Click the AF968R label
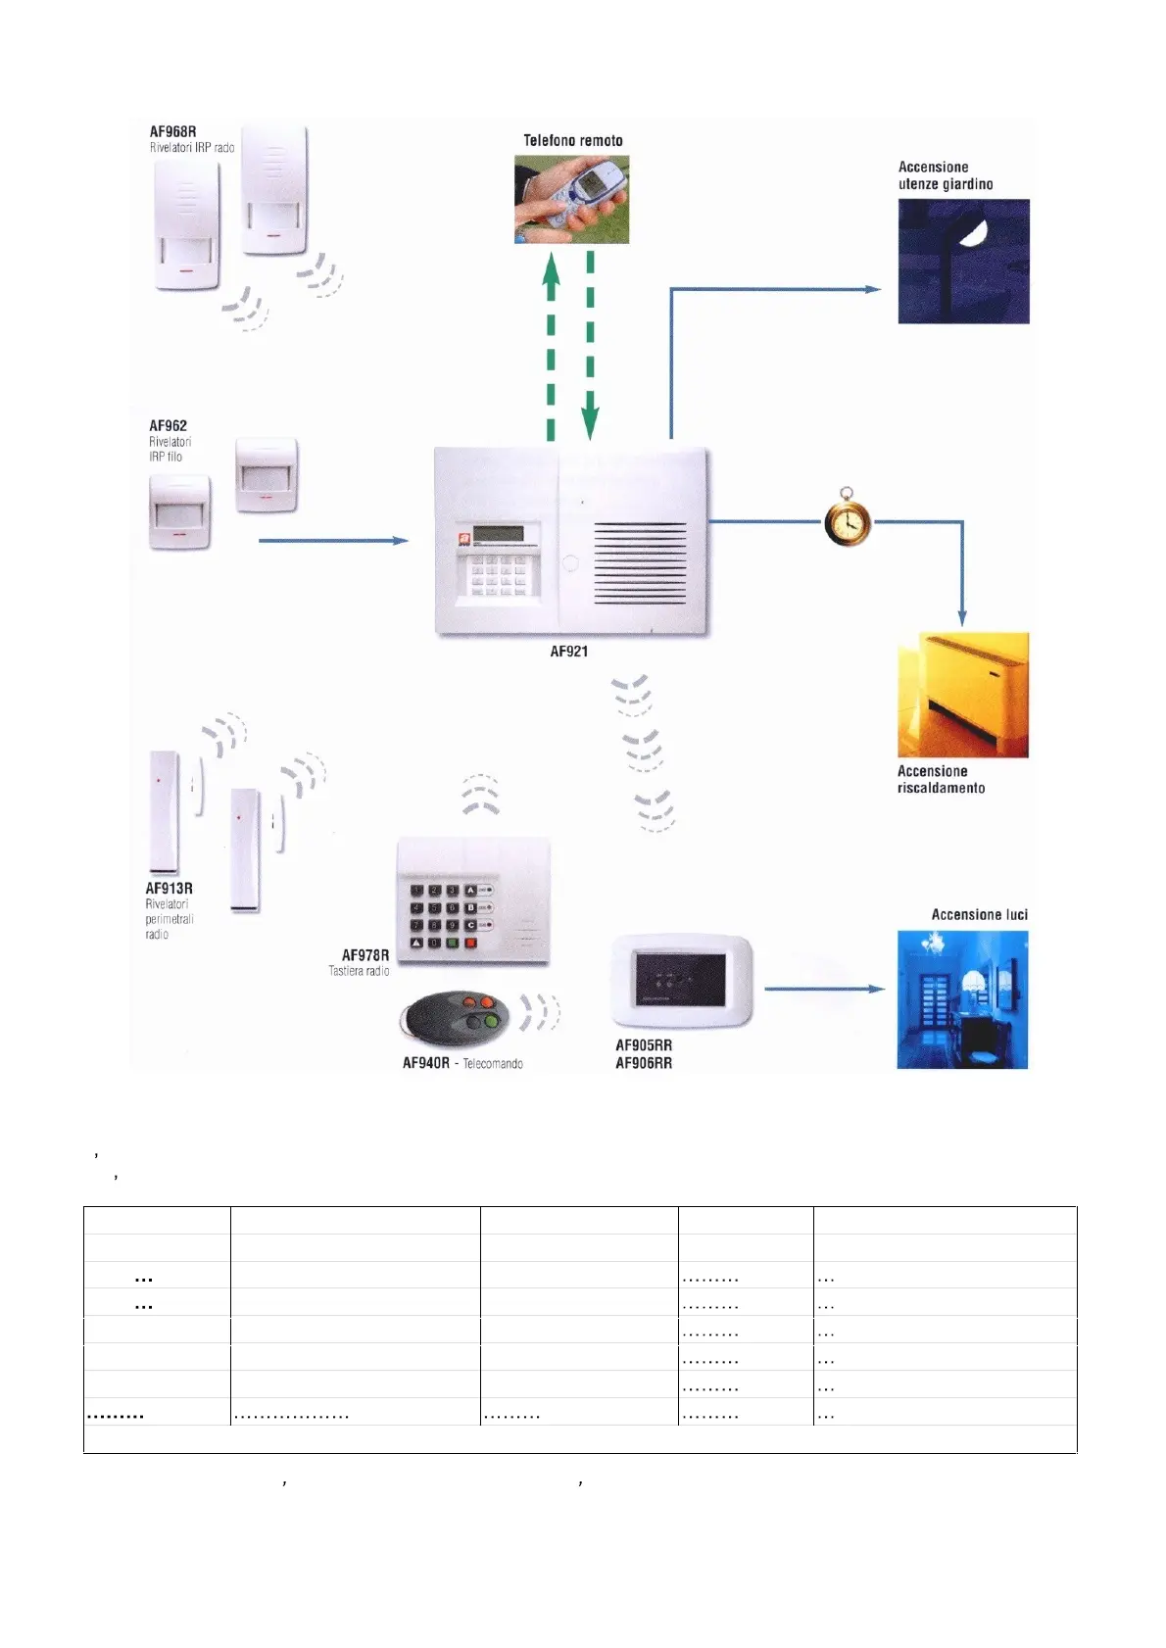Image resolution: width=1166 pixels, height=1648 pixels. (172, 131)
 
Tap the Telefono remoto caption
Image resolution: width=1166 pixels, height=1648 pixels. (572, 141)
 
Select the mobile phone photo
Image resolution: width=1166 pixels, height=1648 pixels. (571, 203)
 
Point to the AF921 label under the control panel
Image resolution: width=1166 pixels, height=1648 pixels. (568, 652)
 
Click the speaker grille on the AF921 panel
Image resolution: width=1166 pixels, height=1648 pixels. (640, 563)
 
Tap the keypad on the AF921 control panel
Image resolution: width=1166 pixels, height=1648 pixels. (499, 575)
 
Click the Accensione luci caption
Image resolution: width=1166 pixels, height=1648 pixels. (979, 914)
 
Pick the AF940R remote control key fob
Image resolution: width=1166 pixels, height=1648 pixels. (458, 1020)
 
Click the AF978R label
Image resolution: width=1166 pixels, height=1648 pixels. (364, 955)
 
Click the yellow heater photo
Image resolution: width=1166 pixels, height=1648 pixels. (962, 695)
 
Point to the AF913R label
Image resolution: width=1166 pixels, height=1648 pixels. (169, 889)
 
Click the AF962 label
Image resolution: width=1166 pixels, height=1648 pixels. (168, 426)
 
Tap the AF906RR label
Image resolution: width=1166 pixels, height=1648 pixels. (643, 1063)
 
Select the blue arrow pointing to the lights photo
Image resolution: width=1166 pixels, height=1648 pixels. (823, 989)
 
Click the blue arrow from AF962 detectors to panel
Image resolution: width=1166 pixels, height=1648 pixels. (333, 540)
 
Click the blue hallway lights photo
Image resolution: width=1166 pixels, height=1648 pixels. (962, 999)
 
